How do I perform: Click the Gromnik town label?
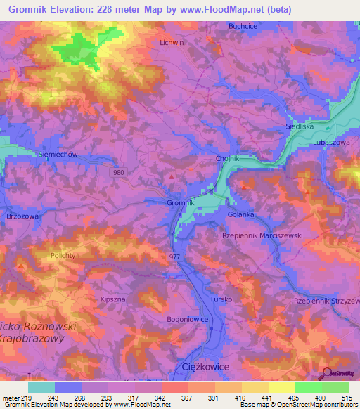181,203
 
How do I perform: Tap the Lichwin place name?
172,42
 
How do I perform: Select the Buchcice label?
243,26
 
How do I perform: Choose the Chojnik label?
227,159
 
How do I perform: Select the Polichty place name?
67,257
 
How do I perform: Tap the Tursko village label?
221,299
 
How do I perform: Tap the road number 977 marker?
175,257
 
